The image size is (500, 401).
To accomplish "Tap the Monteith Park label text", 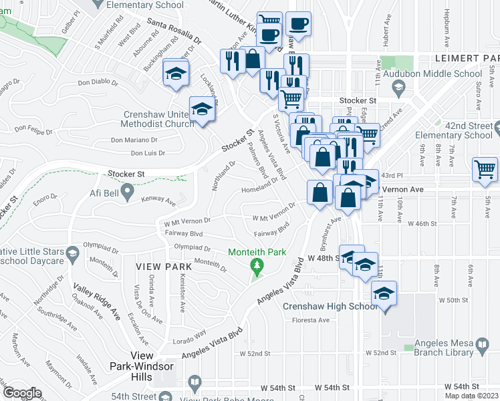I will (x=257, y=252).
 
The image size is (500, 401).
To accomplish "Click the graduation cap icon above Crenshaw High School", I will (x=384, y=294).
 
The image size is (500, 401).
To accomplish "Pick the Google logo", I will (x=22, y=393).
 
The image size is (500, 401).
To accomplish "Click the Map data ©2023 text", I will (x=471, y=396).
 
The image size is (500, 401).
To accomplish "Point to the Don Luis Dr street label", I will (x=148, y=153).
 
